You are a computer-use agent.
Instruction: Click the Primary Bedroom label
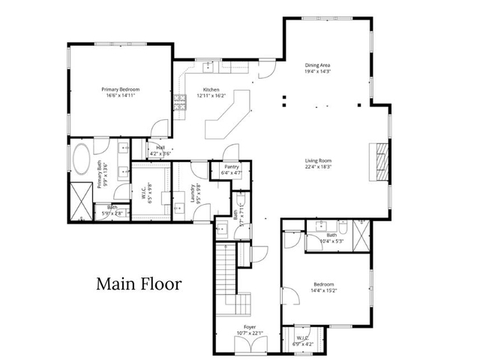pyautogui.click(x=121, y=88)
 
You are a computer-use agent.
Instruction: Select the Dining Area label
pyautogui.click(x=318, y=65)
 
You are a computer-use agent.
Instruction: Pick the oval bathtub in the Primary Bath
pyautogui.click(x=81, y=159)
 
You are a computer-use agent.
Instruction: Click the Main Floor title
pyautogui.click(x=139, y=284)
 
